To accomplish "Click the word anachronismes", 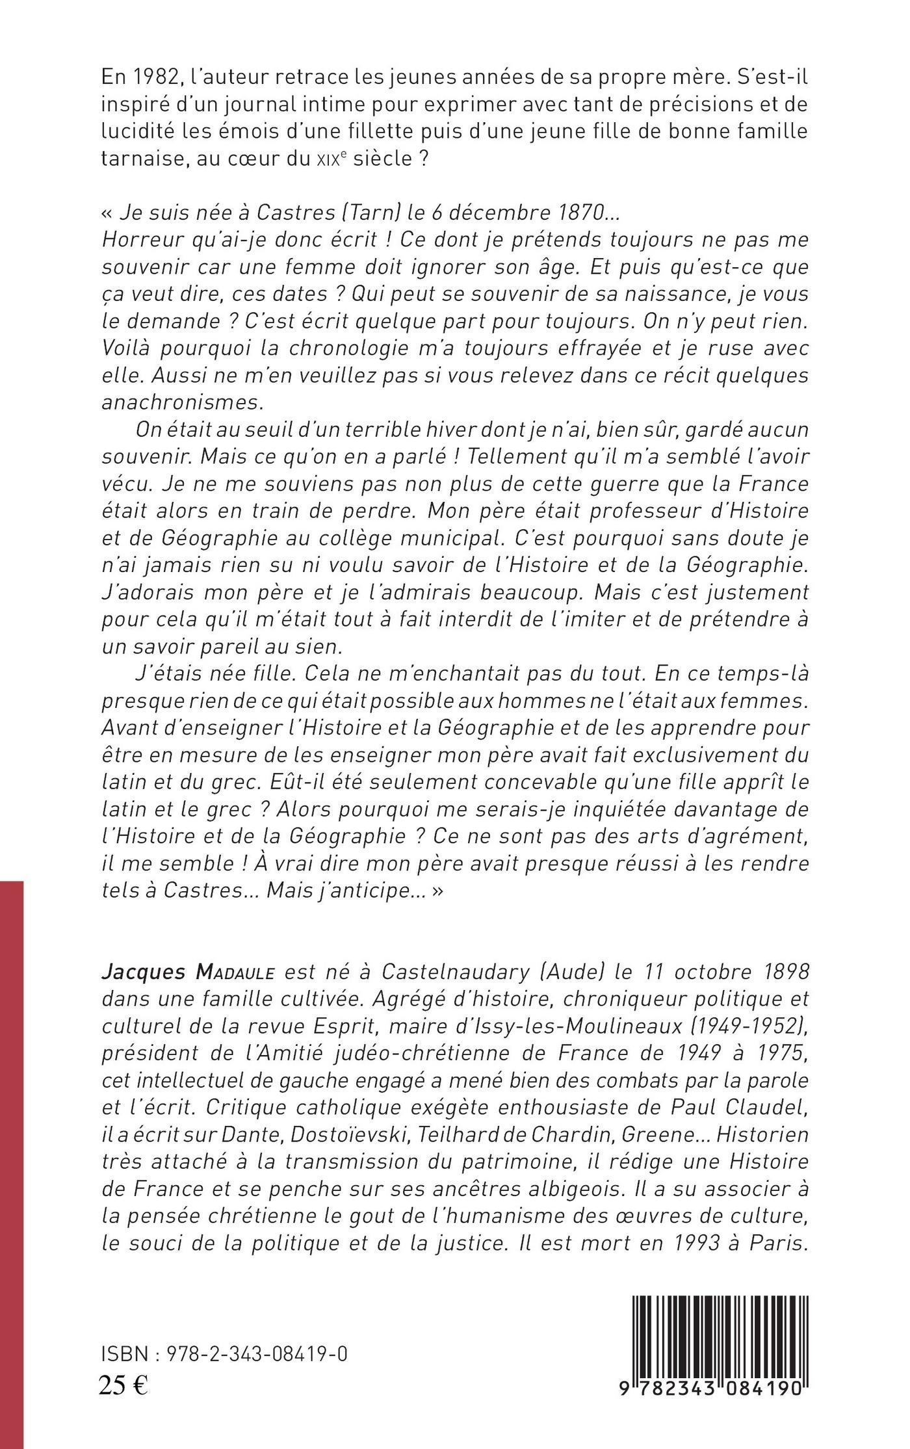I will [x=183, y=402].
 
